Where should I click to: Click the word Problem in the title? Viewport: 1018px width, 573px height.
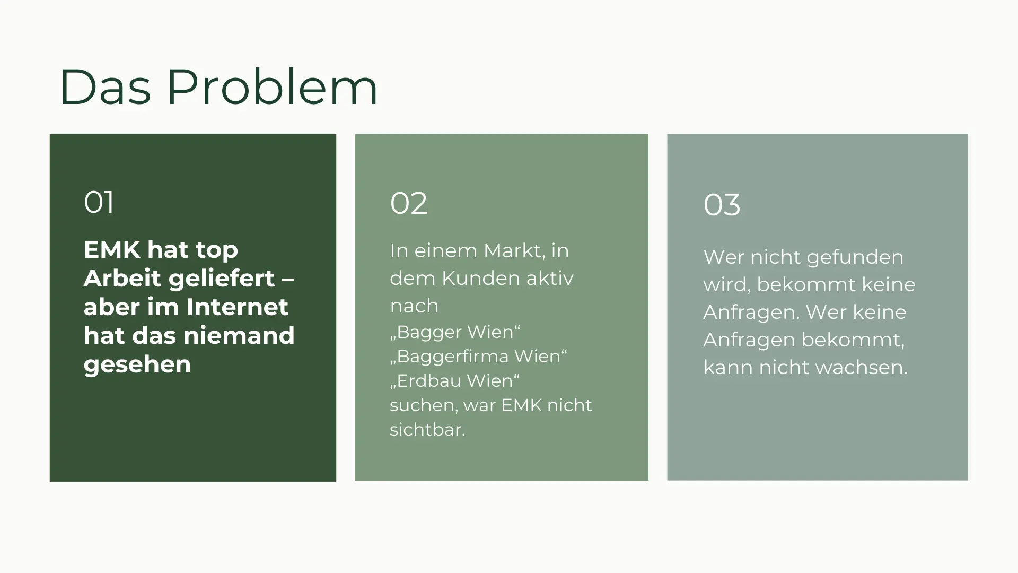point(272,87)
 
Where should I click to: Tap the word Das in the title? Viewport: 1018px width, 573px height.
point(106,87)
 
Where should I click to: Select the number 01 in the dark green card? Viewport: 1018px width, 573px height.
point(99,202)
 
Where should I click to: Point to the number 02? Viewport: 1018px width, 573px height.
point(408,203)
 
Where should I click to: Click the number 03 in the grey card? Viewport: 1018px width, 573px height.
point(722,205)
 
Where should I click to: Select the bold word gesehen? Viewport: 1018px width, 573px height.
point(137,365)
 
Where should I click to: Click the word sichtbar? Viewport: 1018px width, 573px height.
point(427,429)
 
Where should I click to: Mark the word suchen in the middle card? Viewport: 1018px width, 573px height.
point(424,405)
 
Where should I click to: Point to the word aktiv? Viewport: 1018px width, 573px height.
point(550,278)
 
